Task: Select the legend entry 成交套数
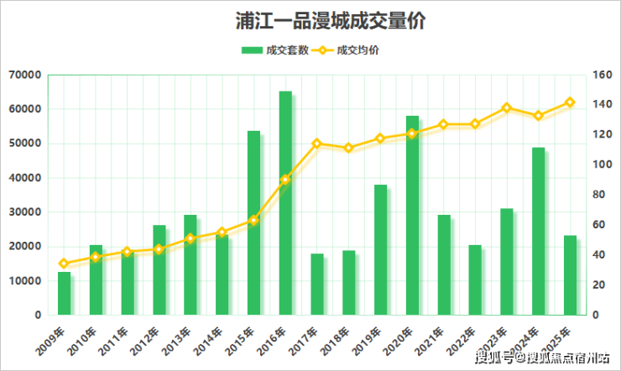[x=273, y=50]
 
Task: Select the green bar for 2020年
[x=412, y=216]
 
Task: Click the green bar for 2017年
[x=317, y=284]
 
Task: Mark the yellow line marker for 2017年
[x=317, y=144]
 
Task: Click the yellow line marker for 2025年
[x=570, y=102]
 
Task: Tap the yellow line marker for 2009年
[x=64, y=264]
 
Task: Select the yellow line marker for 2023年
[x=507, y=107]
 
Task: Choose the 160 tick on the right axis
[x=602, y=75]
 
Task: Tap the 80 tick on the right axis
[x=599, y=195]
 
